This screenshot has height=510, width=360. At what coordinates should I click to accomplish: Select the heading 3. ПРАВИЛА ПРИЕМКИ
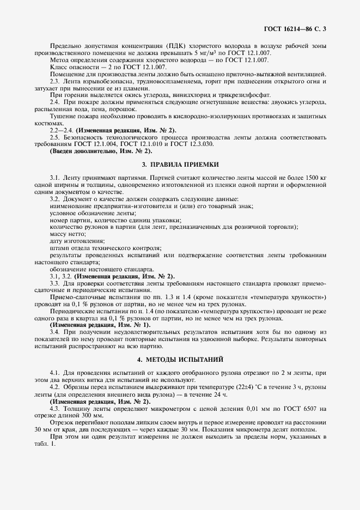(180, 164)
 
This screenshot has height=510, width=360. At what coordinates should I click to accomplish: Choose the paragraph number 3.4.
(54, 332)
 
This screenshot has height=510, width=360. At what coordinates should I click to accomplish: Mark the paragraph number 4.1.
(54, 373)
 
